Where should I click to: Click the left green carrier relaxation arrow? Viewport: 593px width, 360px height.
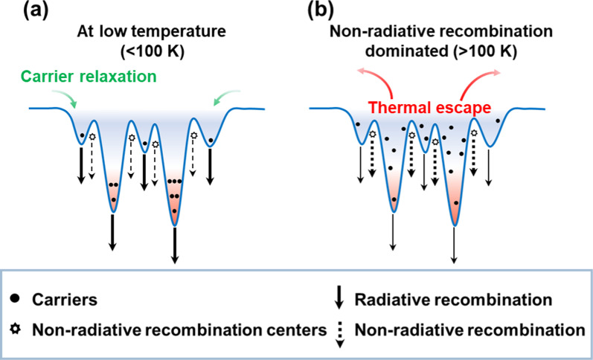[x=61, y=111]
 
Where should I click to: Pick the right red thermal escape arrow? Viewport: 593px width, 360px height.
[x=492, y=74]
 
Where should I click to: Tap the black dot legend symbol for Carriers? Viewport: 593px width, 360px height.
[x=17, y=300]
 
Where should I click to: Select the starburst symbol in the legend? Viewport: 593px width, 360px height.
[x=17, y=328]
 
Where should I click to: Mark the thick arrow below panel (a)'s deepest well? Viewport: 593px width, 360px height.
[x=175, y=245]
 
